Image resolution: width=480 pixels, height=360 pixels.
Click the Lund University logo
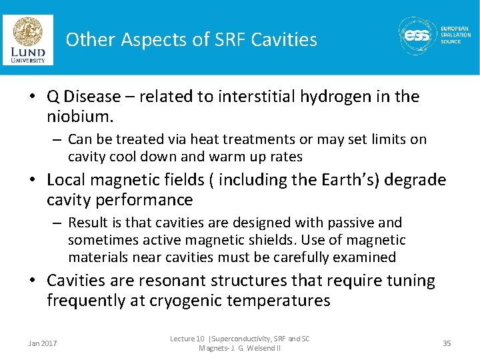pos(28,40)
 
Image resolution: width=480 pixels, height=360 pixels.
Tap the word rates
pos(286,157)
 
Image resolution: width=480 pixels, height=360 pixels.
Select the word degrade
pos(419,180)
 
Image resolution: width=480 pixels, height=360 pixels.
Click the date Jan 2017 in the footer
pos(43,343)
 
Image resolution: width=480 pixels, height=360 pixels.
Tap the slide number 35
pos(447,343)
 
